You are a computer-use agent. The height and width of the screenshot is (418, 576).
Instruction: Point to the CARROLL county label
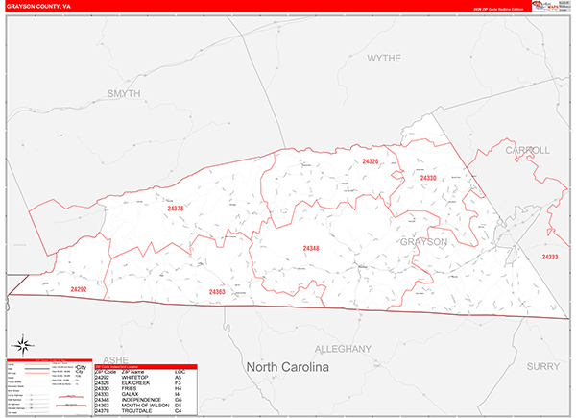[x=526, y=151]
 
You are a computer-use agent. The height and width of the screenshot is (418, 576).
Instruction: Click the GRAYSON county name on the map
[x=423, y=242]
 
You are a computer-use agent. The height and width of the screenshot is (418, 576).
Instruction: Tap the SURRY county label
[x=544, y=366]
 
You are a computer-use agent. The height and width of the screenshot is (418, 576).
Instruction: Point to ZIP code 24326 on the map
[x=371, y=161]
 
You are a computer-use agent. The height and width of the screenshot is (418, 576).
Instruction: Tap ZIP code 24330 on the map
[x=427, y=178]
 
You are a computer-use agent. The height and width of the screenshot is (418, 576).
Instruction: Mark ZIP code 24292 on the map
[x=79, y=288]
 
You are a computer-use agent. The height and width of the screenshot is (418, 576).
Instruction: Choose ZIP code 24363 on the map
[x=216, y=291]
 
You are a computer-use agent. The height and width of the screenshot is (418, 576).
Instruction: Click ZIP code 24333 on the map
[x=550, y=257]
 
